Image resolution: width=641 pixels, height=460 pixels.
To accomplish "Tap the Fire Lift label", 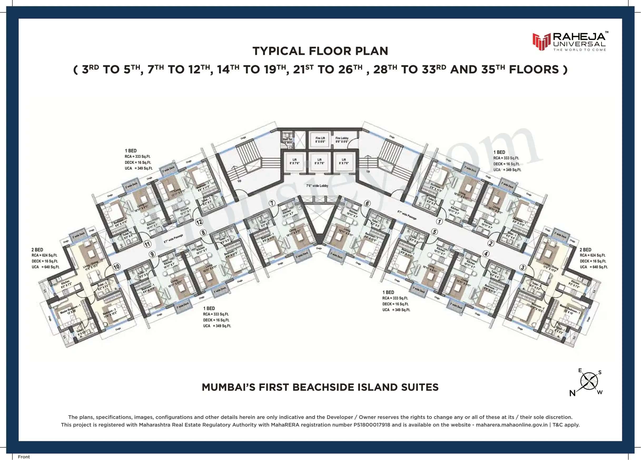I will (320, 140).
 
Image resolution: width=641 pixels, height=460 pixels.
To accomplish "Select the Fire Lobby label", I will (342, 140).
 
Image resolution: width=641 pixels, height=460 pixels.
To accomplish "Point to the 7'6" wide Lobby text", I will (317, 186).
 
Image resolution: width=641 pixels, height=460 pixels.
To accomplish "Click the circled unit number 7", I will (272, 203).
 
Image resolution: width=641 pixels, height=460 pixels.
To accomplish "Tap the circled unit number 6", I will (367, 204).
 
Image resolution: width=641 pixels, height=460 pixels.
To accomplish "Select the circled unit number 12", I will (199, 222).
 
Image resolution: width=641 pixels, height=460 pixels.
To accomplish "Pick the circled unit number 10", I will (116, 267).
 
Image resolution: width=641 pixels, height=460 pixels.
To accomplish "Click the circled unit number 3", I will (523, 267).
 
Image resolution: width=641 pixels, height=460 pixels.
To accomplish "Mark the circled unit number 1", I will (439, 221).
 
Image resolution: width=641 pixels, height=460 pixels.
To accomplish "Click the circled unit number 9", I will (152, 254).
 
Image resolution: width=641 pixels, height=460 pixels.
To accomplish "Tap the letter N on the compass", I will (572, 393).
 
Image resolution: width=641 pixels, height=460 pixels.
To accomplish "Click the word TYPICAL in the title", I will (278, 51).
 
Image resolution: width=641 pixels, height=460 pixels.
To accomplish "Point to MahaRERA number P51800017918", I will (372, 425).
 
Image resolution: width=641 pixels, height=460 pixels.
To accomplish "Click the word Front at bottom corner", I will (24, 457).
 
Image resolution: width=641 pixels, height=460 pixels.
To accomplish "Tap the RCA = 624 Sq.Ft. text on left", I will (44, 255).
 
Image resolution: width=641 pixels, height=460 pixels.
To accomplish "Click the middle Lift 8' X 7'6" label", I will (319, 161).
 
